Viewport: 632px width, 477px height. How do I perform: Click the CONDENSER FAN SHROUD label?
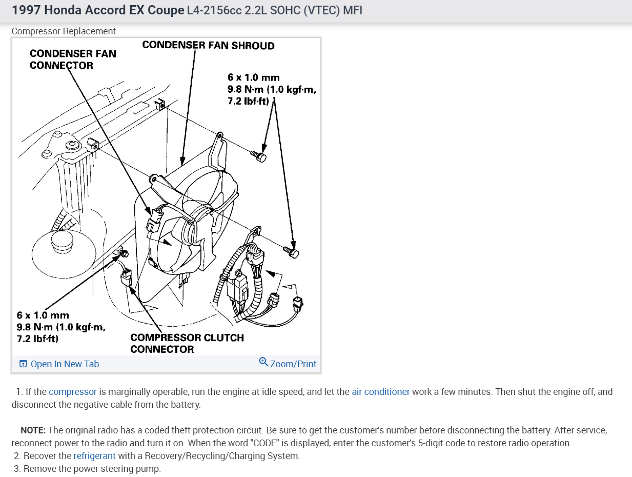coord(208,46)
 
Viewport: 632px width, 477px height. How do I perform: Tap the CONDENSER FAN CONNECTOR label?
coord(73,59)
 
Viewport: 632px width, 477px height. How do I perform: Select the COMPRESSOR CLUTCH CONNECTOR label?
coord(187,343)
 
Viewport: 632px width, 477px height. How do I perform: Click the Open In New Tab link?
coord(65,364)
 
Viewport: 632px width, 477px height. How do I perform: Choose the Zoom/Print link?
coord(293,364)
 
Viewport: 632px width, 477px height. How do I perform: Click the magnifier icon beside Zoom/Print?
coord(263,362)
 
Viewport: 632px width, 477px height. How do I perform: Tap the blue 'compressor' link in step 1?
coord(73,392)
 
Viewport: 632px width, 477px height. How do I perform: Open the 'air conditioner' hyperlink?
coord(380,392)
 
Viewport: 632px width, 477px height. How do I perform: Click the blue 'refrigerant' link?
coord(94,456)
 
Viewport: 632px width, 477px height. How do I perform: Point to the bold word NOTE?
coord(33,430)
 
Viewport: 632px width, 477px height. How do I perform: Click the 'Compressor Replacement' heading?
coord(64,31)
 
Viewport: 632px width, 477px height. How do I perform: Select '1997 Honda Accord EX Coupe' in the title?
coord(98,10)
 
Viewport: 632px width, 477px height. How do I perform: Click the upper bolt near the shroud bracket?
coord(259,156)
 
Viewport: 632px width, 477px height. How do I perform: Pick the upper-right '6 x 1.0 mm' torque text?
coord(254,77)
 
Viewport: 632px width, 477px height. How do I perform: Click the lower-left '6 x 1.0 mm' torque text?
coord(43,315)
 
